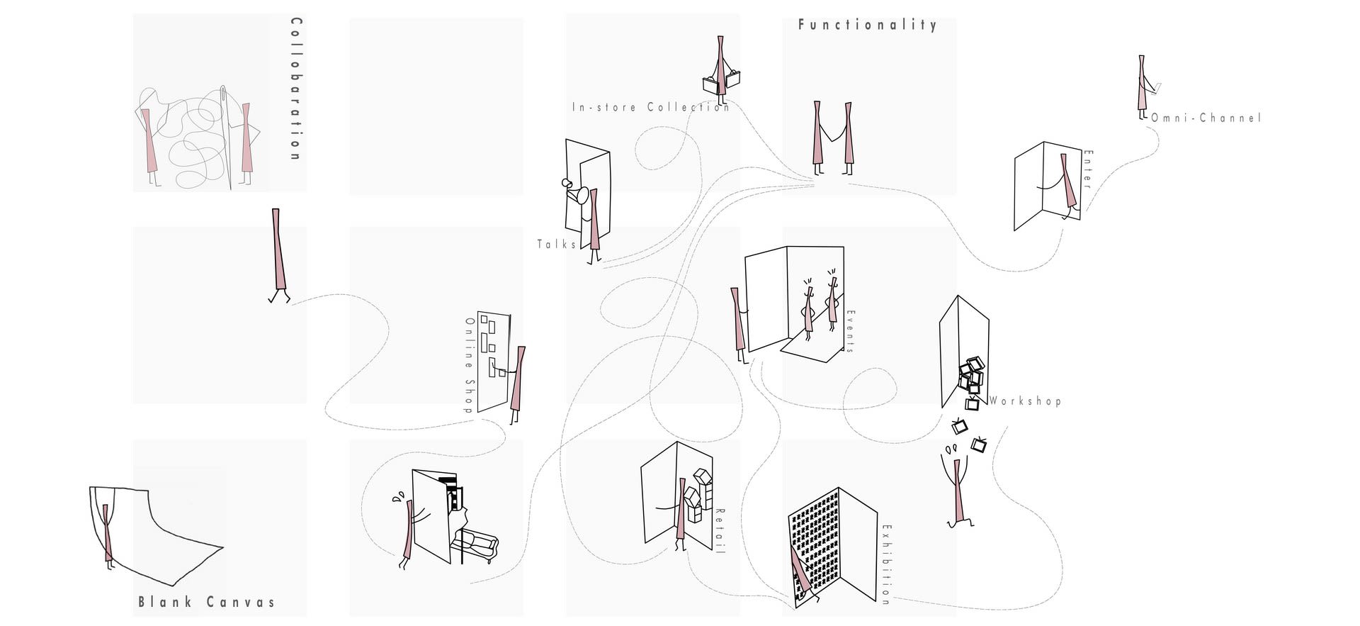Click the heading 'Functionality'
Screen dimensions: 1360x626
coord(867,25)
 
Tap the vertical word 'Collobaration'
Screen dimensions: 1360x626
coord(296,89)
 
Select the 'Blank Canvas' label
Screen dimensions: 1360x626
coord(206,603)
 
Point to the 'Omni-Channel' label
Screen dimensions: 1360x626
coord(1206,118)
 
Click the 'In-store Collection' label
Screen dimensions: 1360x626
coord(651,107)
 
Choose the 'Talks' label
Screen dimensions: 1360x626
coord(557,245)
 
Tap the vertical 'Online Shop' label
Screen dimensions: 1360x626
coord(468,364)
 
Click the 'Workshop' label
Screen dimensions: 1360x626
coord(1025,401)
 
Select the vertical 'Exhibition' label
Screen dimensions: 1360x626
coord(886,564)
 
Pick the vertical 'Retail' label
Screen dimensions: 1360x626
coord(720,531)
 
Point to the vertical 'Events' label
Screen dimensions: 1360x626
coord(851,331)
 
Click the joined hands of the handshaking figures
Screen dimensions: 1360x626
coord(833,135)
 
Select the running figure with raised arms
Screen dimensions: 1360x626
coord(958,489)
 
